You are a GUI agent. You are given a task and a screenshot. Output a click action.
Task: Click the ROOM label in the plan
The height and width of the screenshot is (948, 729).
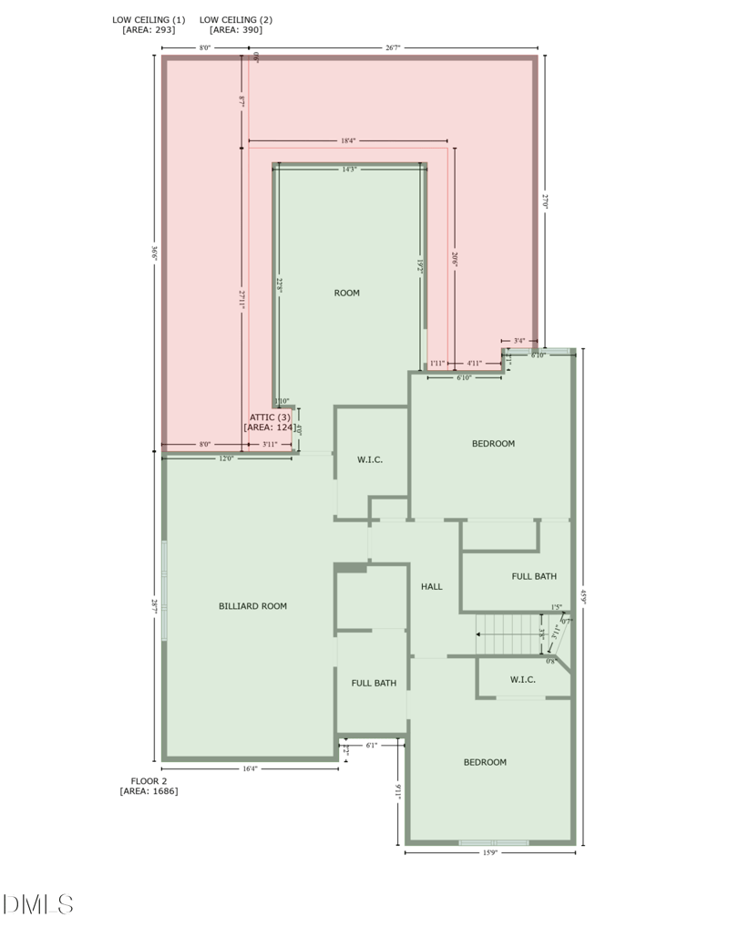pyautogui.click(x=347, y=293)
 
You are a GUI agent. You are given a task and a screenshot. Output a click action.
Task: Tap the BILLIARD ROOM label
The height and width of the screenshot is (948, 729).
pyautogui.click(x=252, y=606)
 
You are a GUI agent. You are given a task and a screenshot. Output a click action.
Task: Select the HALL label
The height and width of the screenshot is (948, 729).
pyautogui.click(x=432, y=586)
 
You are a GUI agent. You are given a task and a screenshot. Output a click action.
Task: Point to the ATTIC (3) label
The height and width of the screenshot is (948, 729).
pyautogui.click(x=270, y=417)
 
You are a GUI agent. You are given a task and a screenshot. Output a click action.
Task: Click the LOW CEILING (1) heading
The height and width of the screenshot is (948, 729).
pyautogui.click(x=149, y=19)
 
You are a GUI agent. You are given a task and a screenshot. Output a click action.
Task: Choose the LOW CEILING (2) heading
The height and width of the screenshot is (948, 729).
pyautogui.click(x=235, y=19)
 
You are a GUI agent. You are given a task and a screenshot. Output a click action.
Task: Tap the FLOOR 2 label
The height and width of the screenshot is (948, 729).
pyautogui.click(x=149, y=781)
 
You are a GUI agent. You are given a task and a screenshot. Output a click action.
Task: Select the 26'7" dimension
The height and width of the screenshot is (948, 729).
pyautogui.click(x=393, y=48)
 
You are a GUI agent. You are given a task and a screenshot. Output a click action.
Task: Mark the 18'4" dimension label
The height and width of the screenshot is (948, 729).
pyautogui.click(x=348, y=141)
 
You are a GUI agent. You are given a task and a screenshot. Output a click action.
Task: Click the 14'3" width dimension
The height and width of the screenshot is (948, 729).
pyautogui.click(x=350, y=169)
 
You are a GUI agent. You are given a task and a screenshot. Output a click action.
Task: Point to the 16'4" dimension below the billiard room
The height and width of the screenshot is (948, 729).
pyautogui.click(x=250, y=769)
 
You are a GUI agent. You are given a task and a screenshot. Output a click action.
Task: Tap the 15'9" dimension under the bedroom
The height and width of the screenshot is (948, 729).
pyautogui.click(x=490, y=852)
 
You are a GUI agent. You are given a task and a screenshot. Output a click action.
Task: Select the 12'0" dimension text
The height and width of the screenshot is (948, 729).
pyautogui.click(x=227, y=459)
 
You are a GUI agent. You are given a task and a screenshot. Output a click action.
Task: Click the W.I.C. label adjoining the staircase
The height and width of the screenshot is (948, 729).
pyautogui.click(x=522, y=679)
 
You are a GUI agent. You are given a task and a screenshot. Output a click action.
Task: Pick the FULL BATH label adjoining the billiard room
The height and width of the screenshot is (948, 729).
pyautogui.click(x=374, y=683)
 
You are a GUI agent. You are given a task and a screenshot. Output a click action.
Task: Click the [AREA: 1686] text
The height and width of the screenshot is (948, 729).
pyautogui.click(x=149, y=791)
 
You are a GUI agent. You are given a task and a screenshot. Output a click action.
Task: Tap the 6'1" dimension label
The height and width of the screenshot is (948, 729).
pyautogui.click(x=371, y=745)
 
